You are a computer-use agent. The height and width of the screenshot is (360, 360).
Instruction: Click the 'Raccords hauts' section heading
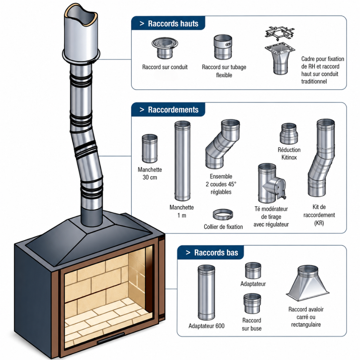pos(173,24)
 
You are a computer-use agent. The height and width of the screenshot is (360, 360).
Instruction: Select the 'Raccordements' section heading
pos(173,110)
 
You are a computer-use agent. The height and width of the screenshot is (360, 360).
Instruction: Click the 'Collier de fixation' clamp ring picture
pos(222,215)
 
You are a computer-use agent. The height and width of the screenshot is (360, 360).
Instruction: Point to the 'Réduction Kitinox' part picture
pos(289,134)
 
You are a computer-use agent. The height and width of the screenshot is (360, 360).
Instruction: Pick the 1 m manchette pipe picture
pos(182,161)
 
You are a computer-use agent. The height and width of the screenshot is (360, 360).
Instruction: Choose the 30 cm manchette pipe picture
pos(150,149)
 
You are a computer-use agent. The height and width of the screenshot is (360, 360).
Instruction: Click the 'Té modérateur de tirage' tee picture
pos(271,183)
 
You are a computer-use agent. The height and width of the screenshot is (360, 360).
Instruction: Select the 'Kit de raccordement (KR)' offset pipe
pos(321,158)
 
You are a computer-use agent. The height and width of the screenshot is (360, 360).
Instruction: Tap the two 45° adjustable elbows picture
pos(221,144)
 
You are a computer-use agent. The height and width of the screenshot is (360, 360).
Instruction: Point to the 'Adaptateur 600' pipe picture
pos(206,292)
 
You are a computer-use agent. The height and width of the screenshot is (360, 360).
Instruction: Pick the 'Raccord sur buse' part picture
pos(252,303)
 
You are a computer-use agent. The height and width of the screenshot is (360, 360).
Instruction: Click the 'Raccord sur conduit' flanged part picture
pos(165,48)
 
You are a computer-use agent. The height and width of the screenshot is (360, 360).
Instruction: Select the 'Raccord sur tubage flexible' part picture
pos(223,47)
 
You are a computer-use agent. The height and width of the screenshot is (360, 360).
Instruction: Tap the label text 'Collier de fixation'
pos(223,227)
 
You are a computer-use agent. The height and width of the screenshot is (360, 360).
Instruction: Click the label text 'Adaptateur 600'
pos(206,326)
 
